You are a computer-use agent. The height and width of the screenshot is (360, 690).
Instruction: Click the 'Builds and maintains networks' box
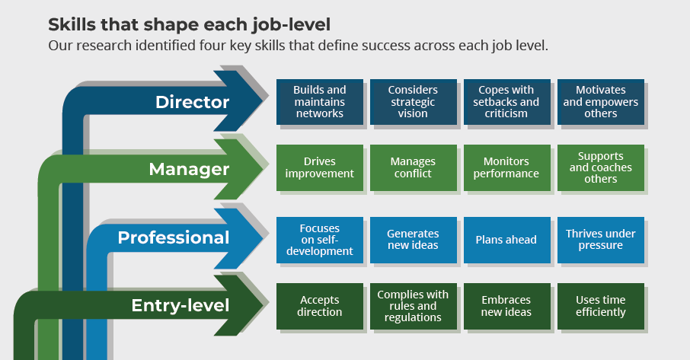coord(319,102)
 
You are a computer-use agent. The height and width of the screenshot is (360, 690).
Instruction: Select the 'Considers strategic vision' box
coord(413,102)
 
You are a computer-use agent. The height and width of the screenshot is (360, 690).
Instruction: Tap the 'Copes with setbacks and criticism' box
coord(506,102)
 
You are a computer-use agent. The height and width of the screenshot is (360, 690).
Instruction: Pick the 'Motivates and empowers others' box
coord(601,102)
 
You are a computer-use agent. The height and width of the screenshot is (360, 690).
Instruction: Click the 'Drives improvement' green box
coord(319,167)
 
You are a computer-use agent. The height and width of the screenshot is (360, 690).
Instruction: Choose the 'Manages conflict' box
coord(413,167)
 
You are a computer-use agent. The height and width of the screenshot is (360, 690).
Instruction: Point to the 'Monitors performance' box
coord(506,167)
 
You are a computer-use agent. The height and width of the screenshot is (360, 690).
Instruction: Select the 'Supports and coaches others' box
coord(601,167)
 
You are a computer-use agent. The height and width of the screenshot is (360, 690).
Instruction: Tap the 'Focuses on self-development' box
coord(319,240)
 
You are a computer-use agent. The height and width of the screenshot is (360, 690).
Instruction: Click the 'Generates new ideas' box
coord(413,240)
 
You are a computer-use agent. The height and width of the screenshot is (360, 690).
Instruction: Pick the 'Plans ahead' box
coord(506,240)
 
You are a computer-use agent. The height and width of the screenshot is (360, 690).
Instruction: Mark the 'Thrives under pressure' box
coord(601,240)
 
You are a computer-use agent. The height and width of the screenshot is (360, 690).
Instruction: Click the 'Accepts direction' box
coord(319,306)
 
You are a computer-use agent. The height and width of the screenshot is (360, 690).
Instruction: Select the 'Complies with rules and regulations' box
coord(413,306)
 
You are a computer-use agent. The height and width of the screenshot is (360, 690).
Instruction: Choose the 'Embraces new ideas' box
coord(506,306)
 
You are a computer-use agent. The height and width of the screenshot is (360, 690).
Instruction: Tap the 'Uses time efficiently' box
coord(601,306)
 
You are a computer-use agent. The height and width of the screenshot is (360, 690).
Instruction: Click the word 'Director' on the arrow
coord(192,102)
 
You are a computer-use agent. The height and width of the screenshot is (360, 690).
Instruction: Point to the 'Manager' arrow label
coord(189,169)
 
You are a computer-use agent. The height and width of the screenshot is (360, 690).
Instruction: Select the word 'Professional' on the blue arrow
coord(173,238)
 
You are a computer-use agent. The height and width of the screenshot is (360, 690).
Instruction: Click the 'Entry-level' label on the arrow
coord(180,306)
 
